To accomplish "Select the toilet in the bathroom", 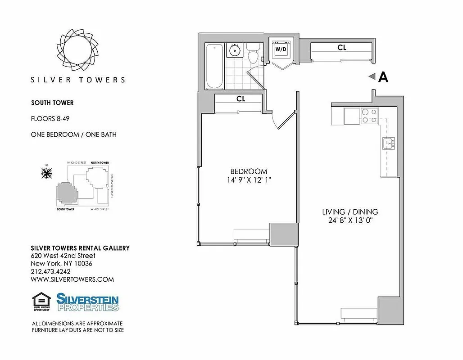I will coord(253,54).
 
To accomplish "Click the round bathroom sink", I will coord(234,50).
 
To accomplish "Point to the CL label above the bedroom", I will coord(241,99).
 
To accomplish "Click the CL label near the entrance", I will coord(342,47).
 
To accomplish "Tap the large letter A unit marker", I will coord(383,77).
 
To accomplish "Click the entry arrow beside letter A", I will coord(372,77).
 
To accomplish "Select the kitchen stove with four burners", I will coord(370,117).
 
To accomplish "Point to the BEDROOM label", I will coord(249,171).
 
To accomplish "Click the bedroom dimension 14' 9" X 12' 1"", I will coord(249,180).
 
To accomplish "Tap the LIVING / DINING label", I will coord(350,211).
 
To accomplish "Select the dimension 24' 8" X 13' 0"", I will coord(350,220).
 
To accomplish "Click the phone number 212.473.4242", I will coord(54,271).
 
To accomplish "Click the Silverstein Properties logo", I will coord(87,302).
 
